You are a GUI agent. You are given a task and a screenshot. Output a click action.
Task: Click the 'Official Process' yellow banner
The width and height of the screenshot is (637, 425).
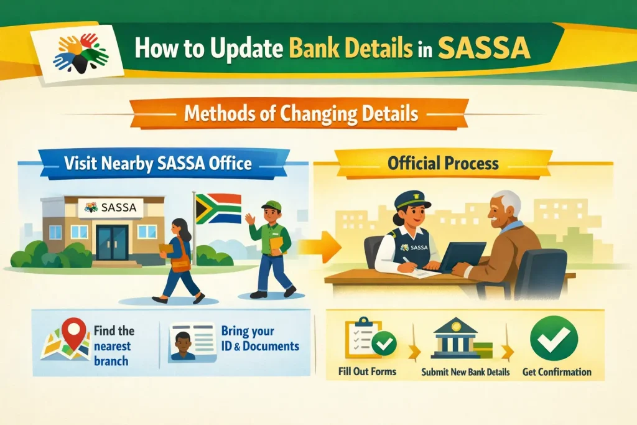coord(442,164)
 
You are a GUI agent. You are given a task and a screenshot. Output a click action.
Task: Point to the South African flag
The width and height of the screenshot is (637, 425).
coord(218,208)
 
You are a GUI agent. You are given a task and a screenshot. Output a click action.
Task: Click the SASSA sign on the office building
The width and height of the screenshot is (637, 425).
coord(111,208)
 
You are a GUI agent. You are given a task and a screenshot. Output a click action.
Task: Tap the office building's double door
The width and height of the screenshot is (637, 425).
coord(112,241)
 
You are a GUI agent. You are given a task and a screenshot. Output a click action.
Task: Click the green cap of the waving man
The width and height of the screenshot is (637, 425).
coord(271,205)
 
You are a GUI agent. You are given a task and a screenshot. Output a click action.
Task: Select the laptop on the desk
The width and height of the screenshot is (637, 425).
coord(461,255)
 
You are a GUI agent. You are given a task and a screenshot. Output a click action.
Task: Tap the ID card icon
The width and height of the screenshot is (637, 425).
coord(192,342)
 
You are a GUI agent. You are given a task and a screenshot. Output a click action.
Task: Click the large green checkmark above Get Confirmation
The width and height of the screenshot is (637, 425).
coord(554,338)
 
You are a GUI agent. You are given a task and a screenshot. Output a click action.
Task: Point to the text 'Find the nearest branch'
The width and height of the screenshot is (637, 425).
coord(114,345)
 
